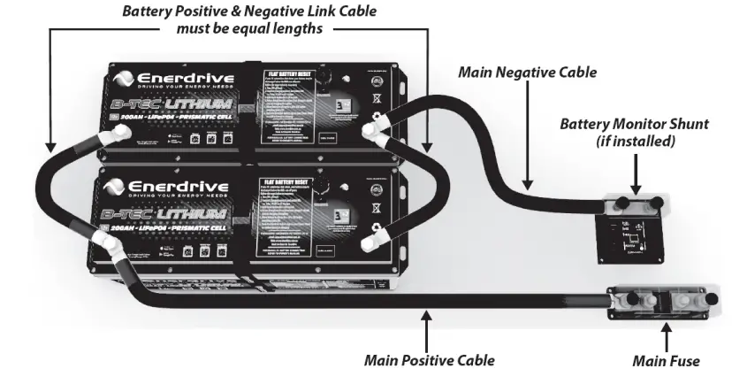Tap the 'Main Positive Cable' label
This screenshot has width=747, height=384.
tap(429, 361)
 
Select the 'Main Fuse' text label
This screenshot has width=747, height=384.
tap(666, 361)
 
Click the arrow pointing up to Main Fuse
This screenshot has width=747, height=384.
tap(665, 336)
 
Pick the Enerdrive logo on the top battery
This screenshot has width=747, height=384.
tap(170, 81)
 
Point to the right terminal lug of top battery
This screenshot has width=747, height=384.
tap(375, 133)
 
